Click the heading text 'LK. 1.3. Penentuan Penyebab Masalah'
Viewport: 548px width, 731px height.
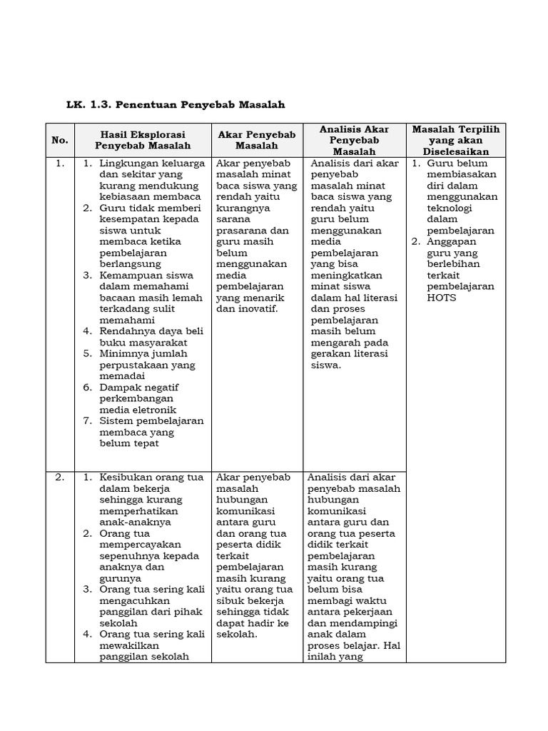click(176, 105)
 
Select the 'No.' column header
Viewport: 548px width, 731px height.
click(59, 140)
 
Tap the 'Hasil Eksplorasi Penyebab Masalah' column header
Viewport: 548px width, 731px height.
click(143, 140)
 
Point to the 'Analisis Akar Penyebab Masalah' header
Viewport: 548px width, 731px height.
click(354, 140)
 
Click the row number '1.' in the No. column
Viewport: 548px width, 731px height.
click(59, 163)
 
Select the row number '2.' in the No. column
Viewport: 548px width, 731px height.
click(59, 478)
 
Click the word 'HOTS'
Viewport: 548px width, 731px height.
click(441, 298)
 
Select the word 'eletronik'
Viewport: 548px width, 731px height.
click(153, 410)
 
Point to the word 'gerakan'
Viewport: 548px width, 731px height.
click(330, 353)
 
